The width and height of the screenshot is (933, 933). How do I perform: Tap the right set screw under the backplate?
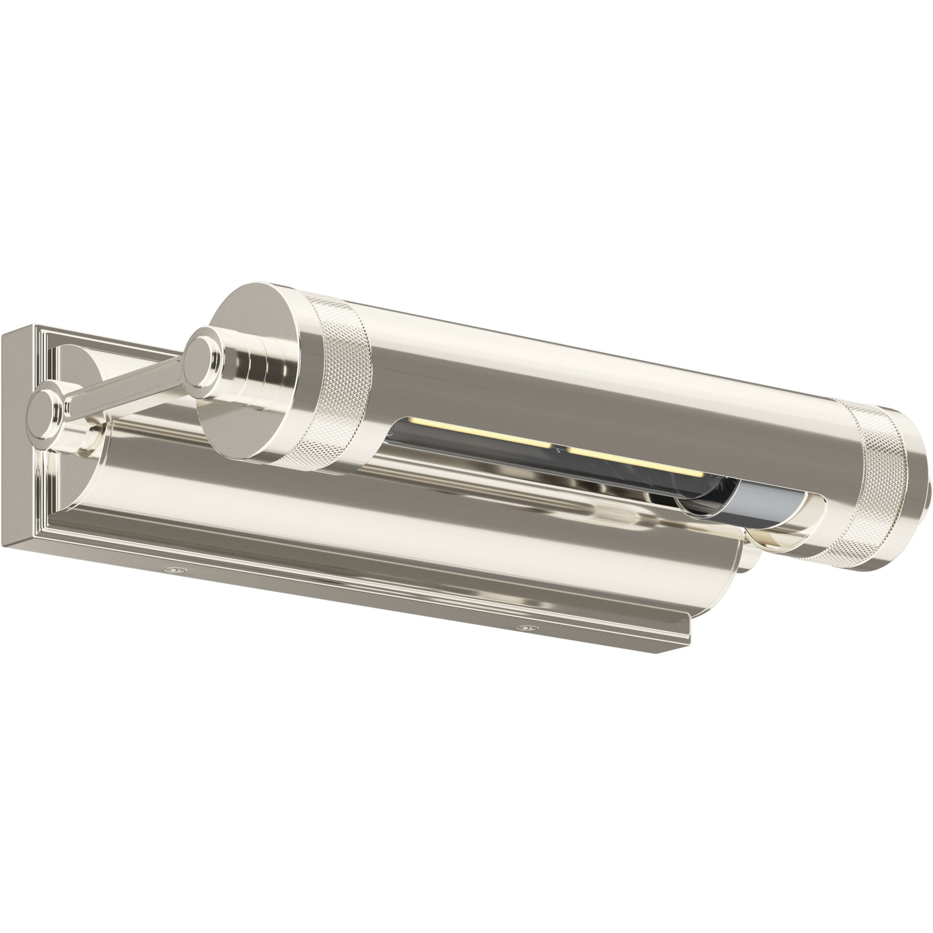tap(527, 627)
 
